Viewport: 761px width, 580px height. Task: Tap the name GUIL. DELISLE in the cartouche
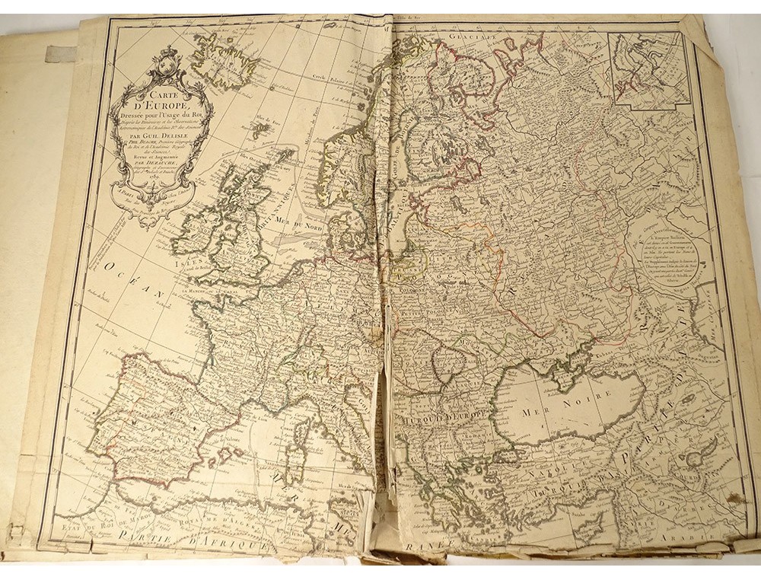[158, 139]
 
